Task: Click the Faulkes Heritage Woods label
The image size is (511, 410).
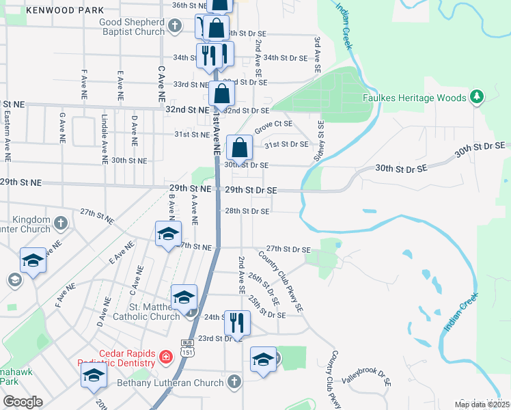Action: coord(414,98)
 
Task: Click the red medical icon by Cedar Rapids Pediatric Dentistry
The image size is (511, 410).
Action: coord(165,356)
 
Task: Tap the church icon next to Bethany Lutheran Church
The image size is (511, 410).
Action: coord(234,381)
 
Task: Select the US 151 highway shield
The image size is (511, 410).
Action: coord(187,348)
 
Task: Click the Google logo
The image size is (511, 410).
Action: coord(23,401)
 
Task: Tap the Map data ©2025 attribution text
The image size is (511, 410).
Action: coord(482,405)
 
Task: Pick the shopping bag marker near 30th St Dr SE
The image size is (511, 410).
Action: coord(240,148)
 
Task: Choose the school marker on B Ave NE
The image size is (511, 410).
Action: coord(168,234)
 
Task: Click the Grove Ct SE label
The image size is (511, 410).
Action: coord(273,127)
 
